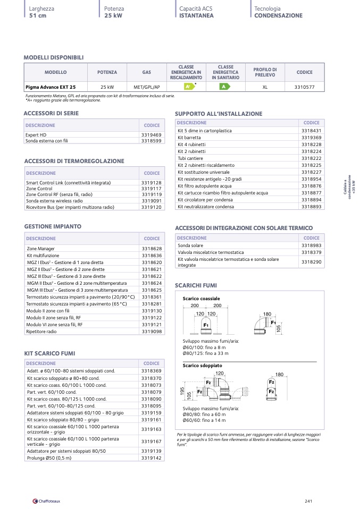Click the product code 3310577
click(304, 87)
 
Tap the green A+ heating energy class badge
click(187, 87)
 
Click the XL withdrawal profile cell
click(264, 87)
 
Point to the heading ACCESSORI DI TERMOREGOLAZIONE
click(74, 161)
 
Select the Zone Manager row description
click(41, 249)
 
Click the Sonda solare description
click(190, 245)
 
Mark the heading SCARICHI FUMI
click(196, 285)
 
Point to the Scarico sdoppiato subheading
click(203, 366)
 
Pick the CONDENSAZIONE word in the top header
click(278, 16)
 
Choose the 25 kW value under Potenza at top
click(114, 16)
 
